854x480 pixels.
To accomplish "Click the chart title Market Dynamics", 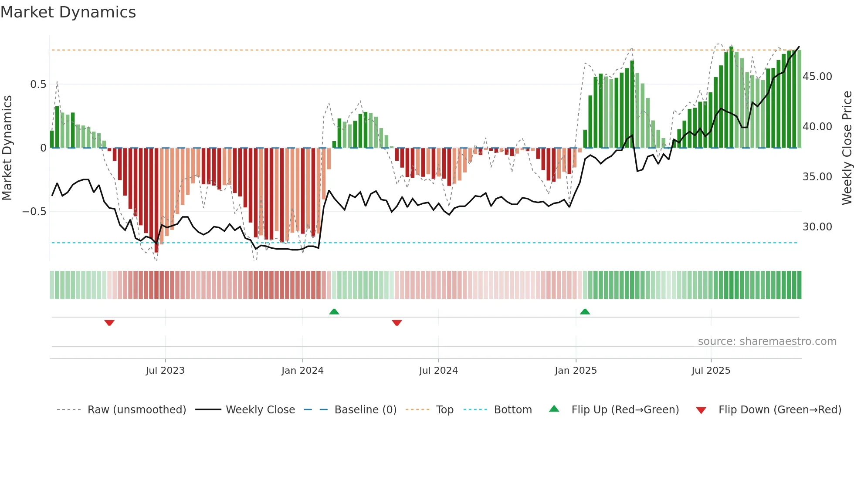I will click(68, 12).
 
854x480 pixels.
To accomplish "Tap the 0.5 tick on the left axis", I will click(38, 85).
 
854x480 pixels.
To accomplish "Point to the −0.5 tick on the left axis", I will click(34, 212).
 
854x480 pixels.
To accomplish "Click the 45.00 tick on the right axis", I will click(817, 77).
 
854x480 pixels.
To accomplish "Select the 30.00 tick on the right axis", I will click(817, 227).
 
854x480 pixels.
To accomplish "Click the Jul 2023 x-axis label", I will click(165, 371).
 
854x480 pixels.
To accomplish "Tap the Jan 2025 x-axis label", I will click(576, 371).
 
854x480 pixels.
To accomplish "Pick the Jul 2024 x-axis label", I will click(438, 371).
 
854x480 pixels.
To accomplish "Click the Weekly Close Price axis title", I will click(847, 148).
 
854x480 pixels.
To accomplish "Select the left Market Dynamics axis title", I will click(7, 148).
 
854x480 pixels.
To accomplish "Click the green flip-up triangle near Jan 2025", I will click(585, 312).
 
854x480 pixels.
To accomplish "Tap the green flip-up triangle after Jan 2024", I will click(334, 312).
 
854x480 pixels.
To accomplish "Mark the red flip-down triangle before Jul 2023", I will click(109, 323).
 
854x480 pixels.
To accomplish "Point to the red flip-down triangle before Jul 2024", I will click(396, 323).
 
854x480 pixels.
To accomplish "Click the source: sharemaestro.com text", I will click(767, 341).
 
